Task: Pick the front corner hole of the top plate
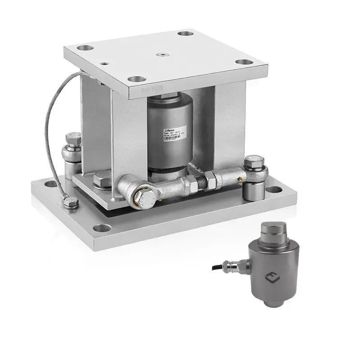[x=136, y=79]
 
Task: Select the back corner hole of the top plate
[x=184, y=33]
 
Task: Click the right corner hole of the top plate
[x=243, y=62]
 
